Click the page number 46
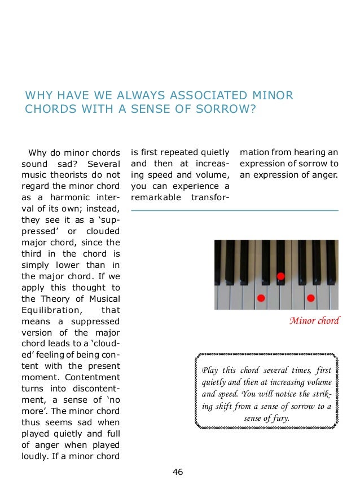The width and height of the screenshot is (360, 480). pyautogui.click(x=178, y=472)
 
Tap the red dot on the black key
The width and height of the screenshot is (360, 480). pyautogui.click(x=280, y=276)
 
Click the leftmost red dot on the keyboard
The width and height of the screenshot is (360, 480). pyautogui.click(x=261, y=297)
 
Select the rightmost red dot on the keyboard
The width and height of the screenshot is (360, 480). pyautogui.click(x=310, y=297)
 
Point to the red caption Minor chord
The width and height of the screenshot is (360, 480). pyautogui.click(x=314, y=321)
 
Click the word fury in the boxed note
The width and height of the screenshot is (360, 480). pyautogui.click(x=278, y=419)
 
